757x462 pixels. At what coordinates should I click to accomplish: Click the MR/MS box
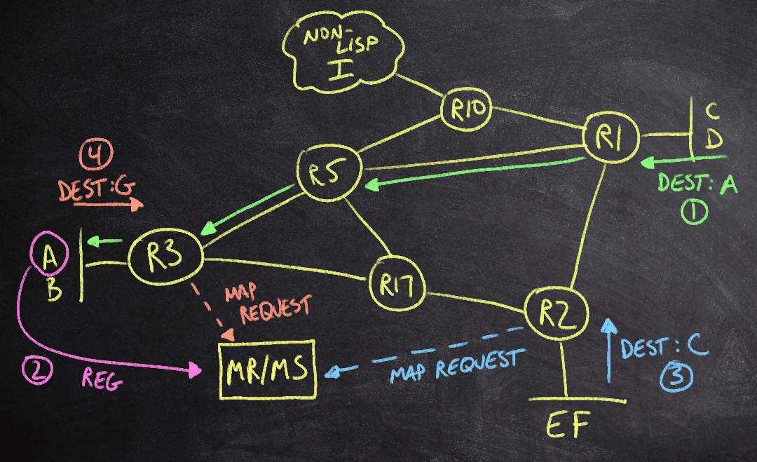coord(267,369)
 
